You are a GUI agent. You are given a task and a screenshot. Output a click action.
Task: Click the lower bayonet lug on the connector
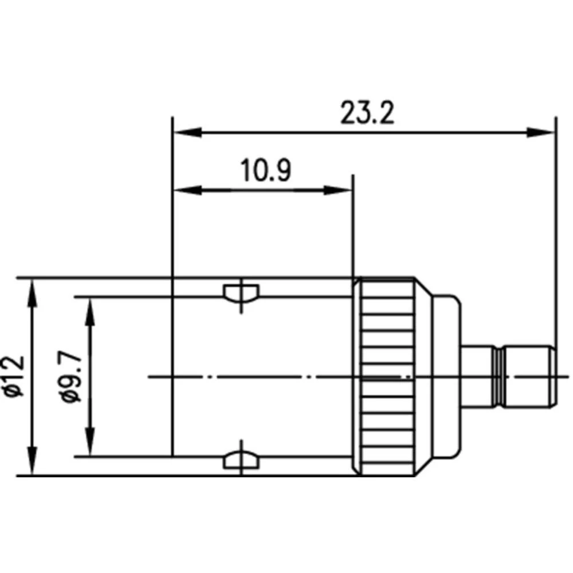coord(241,460)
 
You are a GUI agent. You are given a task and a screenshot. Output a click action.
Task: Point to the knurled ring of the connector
coord(385,376)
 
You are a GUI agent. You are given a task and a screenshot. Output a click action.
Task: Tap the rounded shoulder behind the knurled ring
coord(446,376)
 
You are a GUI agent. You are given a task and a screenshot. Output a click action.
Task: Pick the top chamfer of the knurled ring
coord(421,284)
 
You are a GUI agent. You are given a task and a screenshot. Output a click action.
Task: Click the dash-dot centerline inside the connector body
coord(258,376)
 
